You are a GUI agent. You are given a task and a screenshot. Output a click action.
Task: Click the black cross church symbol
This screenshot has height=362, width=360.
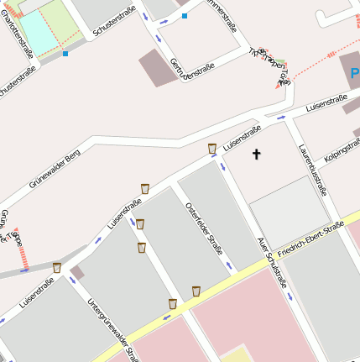coord(257,154)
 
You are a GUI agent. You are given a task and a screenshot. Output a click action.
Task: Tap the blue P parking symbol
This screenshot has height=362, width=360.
coord(355,74)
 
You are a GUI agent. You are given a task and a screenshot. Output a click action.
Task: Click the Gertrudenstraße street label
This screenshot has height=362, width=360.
coord(192,66)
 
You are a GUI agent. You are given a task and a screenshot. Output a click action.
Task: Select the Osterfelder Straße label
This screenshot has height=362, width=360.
coord(204,224)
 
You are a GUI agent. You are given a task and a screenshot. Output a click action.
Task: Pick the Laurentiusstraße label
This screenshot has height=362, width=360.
coord(311,168)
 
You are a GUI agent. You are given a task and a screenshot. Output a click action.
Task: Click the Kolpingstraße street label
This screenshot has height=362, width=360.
coord(340,151)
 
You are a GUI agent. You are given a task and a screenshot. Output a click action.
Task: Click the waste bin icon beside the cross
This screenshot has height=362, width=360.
coord(212,149)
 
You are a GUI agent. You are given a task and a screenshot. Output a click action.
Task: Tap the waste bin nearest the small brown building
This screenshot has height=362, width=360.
coord(57,268)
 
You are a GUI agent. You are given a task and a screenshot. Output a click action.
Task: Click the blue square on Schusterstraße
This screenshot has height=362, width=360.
coord(65,55)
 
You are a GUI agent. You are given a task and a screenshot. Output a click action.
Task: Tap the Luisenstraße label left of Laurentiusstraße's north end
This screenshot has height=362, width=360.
coord(242,135)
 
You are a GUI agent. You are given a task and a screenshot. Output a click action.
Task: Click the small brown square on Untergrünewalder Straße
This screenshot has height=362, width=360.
coord(77,273)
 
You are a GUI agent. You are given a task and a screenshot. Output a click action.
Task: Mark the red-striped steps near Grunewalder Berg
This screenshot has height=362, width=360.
coord(23,249)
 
